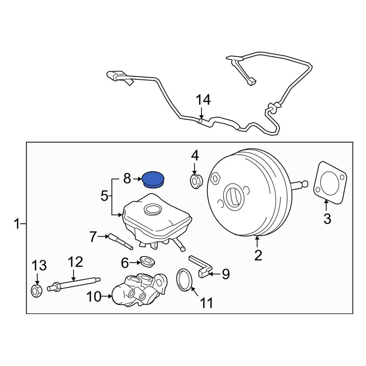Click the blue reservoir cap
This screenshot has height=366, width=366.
(x=153, y=179)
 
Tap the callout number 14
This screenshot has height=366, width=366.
(x=203, y=100)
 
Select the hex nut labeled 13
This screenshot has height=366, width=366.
(x=36, y=291)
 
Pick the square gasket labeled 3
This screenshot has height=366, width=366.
(x=330, y=182)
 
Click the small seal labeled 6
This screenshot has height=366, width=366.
(x=147, y=261)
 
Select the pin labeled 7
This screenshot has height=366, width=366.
(x=120, y=241)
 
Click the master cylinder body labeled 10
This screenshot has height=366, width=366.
(x=139, y=290)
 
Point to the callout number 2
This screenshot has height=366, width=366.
(x=258, y=255)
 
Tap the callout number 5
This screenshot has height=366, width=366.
(x=105, y=196)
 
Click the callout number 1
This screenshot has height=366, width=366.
(x=16, y=224)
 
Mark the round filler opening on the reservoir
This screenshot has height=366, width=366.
(x=153, y=209)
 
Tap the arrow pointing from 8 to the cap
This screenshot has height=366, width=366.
(x=137, y=179)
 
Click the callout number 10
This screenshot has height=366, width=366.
(x=94, y=297)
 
